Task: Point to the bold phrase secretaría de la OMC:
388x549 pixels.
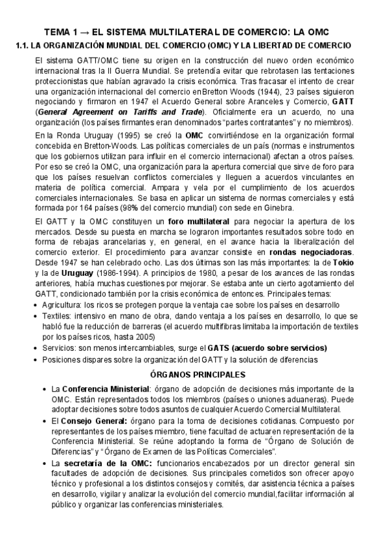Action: pyautogui.click(x=106, y=464)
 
